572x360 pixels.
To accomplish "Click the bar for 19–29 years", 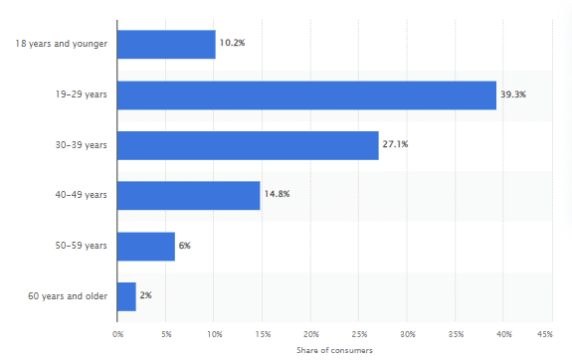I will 306,94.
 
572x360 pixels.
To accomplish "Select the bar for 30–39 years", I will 248,144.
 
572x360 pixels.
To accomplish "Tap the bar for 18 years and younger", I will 166,44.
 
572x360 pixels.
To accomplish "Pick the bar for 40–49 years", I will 189,195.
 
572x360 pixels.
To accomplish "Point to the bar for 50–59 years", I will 146,246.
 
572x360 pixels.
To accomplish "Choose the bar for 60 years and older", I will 126,295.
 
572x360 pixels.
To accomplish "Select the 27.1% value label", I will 395,144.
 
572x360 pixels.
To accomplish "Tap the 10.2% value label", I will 232,44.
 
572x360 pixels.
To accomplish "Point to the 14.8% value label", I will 276,195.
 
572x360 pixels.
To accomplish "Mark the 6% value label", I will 185,246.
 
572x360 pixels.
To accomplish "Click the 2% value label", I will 146,295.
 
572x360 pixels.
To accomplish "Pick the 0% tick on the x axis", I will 117,333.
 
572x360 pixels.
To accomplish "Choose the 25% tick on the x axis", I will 359,333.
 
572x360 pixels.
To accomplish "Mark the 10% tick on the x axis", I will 214,333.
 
